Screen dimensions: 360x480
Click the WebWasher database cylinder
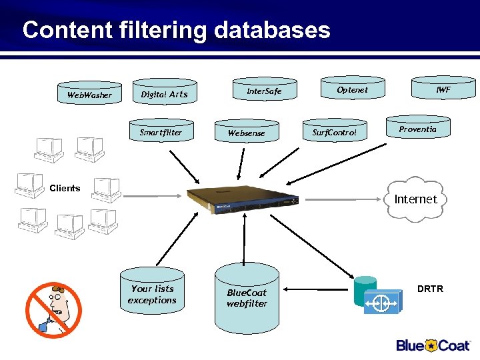[90, 94]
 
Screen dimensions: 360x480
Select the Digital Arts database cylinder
[164, 94]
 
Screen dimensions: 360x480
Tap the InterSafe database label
[264, 91]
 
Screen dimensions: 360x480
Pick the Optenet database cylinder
[352, 90]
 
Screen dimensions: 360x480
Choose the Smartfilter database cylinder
[161, 132]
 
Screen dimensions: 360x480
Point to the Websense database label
[246, 133]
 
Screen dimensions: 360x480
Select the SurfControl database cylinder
[335, 132]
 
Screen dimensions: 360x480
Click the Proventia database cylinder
[418, 129]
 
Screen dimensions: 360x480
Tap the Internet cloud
[415, 199]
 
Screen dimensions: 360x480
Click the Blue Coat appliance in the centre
[243, 199]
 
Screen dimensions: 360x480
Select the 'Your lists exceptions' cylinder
[153, 295]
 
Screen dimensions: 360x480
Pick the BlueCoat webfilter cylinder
[246, 297]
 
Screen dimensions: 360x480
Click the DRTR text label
[430, 289]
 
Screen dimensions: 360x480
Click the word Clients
[65, 188]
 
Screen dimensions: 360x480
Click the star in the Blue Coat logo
[432, 345]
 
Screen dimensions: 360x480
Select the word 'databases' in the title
[272, 30]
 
